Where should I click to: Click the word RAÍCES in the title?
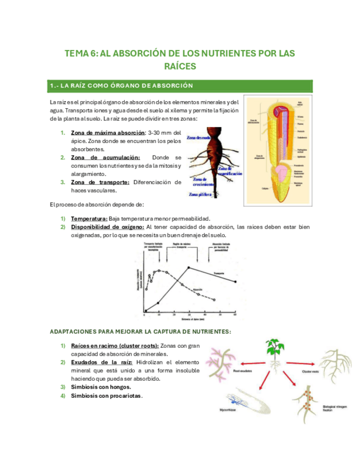point(180,66)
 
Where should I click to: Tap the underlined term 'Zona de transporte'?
point(101,182)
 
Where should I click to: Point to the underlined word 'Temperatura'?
point(89,218)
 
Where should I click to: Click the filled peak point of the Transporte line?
point(189,268)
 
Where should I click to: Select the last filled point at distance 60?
point(236,282)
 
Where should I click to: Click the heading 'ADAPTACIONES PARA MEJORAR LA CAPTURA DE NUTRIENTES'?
point(141,331)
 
